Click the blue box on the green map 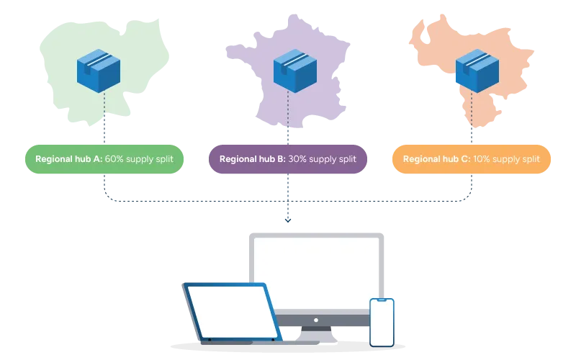click(x=99, y=70)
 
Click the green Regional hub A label click(x=104, y=159)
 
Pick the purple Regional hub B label click(x=288, y=159)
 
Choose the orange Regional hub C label click(x=472, y=159)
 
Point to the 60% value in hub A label click(x=114, y=159)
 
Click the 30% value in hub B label click(x=297, y=159)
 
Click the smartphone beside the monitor click(x=382, y=322)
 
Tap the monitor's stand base click(x=317, y=336)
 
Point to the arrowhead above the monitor click(x=288, y=220)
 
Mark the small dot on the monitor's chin click(x=317, y=319)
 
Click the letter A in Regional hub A click(x=98, y=159)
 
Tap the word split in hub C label click(x=530, y=159)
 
